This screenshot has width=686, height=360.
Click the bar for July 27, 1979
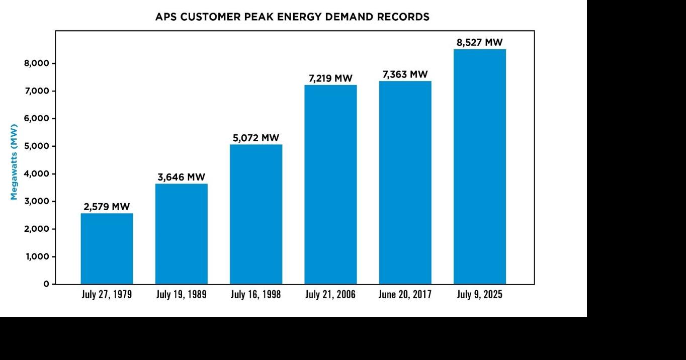point(107,249)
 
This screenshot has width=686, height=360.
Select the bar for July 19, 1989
point(181,234)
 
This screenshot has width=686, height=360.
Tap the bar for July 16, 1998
point(255,214)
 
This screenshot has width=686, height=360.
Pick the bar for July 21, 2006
point(330,185)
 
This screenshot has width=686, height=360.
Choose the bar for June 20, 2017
point(405,183)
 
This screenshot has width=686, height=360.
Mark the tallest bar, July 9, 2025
point(479,166)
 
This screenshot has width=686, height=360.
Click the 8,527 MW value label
point(479,43)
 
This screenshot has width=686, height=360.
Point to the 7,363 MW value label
point(405,74)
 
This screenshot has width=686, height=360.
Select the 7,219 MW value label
point(330,78)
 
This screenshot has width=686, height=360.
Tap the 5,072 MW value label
point(255,138)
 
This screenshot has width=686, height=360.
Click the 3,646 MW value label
point(181,177)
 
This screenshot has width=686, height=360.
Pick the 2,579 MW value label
point(107,207)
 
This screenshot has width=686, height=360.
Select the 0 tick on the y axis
point(46,284)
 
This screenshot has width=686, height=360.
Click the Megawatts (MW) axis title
point(14,162)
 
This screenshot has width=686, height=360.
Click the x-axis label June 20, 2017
point(405,295)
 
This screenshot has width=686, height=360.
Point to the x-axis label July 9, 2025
point(479,295)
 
